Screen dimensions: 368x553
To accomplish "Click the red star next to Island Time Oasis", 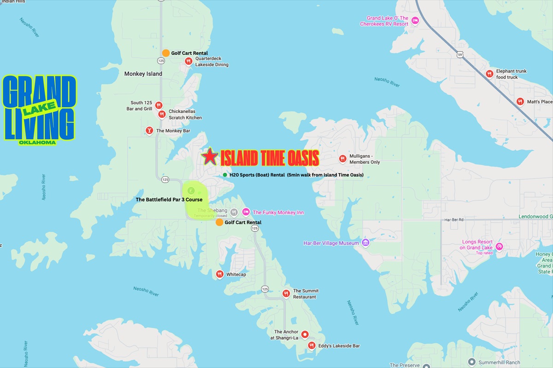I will pos(210,157).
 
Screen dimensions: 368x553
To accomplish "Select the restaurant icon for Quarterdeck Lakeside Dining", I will pos(188,61).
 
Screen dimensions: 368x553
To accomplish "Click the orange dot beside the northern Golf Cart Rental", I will pos(166,53).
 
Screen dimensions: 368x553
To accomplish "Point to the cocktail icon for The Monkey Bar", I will pos(149,131).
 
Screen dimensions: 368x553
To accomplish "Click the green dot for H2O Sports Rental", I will pos(224,175).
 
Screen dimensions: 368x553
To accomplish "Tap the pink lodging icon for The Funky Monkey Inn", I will pos(246,212).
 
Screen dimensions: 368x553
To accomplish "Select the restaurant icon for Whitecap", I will pos(220,274).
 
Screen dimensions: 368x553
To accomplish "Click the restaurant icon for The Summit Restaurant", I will pos(286,293).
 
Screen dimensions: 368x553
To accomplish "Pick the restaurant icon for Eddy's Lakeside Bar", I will pos(312,345).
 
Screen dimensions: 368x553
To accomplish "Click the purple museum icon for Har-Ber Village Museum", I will pos(365,242).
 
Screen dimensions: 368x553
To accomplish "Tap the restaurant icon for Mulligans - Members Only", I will pos(342,159).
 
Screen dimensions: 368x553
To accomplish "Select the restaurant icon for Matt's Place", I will pos(520,102).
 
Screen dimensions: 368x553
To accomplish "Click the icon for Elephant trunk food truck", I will pos(489,74).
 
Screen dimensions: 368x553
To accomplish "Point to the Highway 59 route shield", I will pos(460,55).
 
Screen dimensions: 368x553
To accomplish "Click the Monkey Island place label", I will pos(143,74).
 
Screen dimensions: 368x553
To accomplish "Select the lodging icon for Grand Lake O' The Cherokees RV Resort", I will pos(415,21).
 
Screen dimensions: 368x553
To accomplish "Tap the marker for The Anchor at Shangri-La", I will pos(305,334).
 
